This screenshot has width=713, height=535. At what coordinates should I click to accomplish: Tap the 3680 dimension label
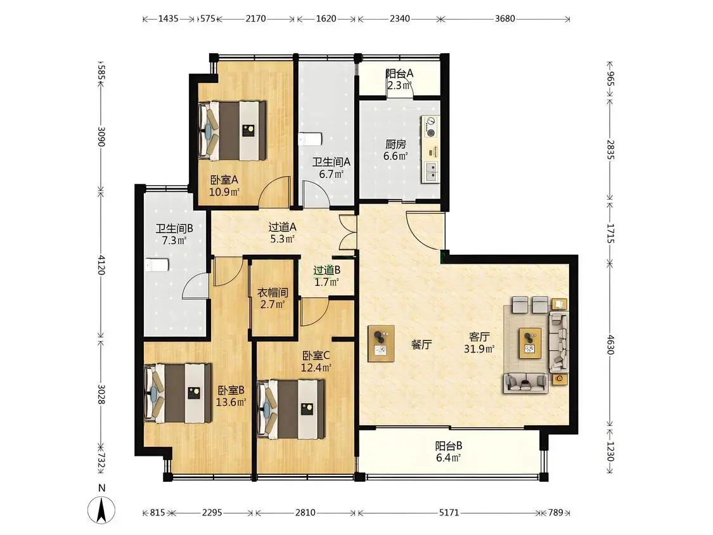click(504, 18)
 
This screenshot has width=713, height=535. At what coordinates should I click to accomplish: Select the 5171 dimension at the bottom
click(449, 513)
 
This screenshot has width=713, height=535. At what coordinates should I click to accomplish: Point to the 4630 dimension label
click(610, 344)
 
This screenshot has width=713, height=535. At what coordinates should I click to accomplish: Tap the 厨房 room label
click(395, 145)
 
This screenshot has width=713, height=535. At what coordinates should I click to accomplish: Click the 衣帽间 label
click(273, 293)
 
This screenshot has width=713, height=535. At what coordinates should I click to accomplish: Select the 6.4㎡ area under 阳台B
click(449, 458)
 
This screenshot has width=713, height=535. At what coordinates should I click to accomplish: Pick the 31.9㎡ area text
click(479, 349)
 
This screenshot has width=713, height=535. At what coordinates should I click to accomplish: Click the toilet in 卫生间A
click(310, 138)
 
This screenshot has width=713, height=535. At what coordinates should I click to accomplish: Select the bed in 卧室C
click(290, 409)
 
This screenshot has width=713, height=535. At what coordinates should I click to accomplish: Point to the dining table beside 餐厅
click(381, 344)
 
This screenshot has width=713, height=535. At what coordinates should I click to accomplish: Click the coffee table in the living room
click(530, 343)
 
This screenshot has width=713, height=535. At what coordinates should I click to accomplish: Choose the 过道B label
click(326, 270)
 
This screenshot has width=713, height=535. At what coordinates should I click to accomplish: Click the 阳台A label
click(399, 74)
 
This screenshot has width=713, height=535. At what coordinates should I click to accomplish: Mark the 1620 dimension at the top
click(326, 18)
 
